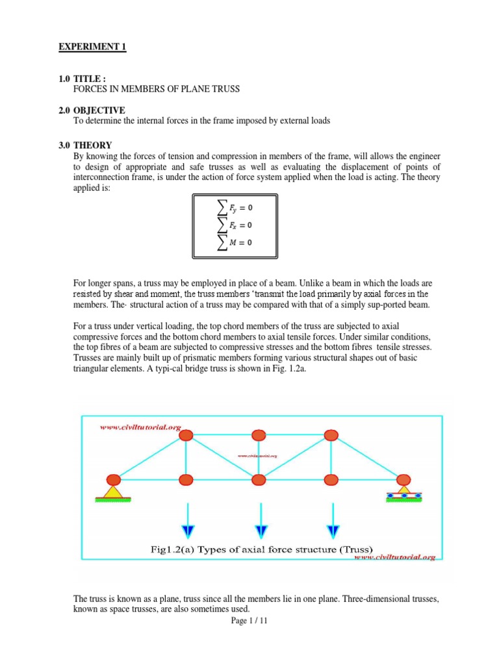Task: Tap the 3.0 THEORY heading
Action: (84, 145)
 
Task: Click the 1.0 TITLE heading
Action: (81, 79)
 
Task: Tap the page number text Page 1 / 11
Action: (249, 621)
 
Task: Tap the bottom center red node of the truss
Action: (259, 480)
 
